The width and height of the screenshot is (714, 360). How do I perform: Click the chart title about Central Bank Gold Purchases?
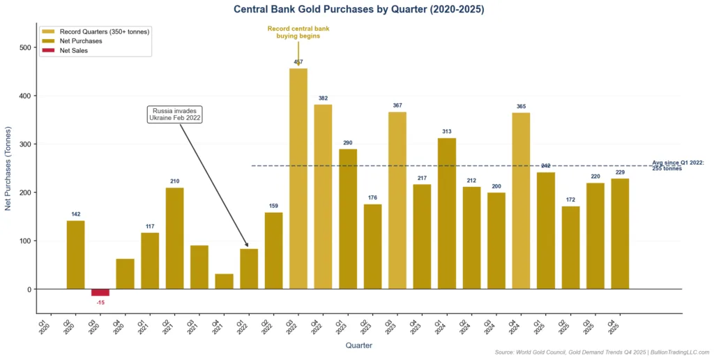[x=358, y=10]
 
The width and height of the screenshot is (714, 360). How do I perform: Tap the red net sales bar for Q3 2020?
[x=100, y=292]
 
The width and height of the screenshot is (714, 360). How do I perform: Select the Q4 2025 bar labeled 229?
[x=620, y=234]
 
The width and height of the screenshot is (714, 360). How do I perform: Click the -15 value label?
[x=100, y=302]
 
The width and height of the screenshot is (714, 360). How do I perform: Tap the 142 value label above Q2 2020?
[x=75, y=214]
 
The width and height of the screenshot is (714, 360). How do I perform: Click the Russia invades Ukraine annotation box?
[x=175, y=114]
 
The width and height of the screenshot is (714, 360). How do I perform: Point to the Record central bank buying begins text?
[x=298, y=32]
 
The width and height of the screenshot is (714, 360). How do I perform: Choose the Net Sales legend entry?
[x=74, y=51]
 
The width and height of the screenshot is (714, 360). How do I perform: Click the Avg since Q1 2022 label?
[x=678, y=165]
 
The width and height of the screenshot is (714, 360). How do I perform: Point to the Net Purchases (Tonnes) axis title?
[x=8, y=168]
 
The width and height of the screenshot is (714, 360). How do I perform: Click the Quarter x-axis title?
[x=358, y=345]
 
